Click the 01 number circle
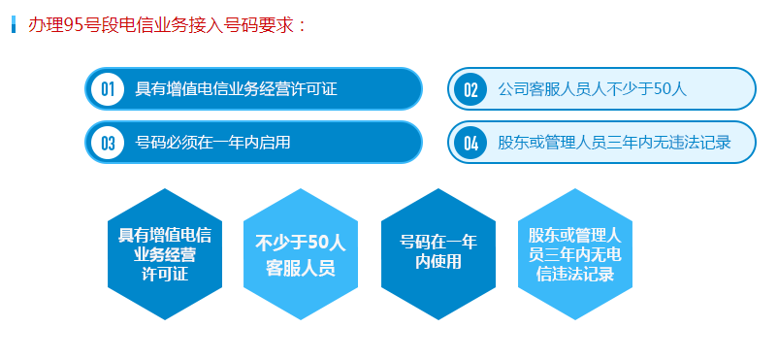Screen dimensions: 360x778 click(x=107, y=89)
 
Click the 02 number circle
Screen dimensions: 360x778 click(x=470, y=89)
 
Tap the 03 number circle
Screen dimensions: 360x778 click(x=107, y=143)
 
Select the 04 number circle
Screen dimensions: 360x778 click(x=470, y=143)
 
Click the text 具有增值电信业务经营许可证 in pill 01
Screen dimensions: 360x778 click(x=236, y=89)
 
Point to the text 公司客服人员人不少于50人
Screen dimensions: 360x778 click(x=592, y=89)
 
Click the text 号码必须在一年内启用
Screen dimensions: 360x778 click(x=212, y=143)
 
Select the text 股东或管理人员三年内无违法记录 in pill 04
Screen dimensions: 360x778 click(x=613, y=143)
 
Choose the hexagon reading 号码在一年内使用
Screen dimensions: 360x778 click(x=438, y=252)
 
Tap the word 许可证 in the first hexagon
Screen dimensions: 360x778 click(x=165, y=275)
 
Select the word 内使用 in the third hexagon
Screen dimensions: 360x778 click(x=438, y=262)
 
